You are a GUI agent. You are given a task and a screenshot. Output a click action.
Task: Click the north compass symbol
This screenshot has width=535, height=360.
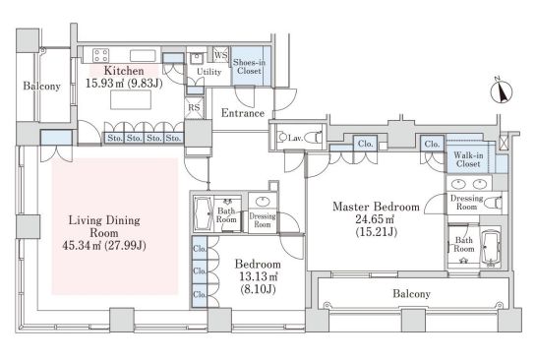coord(502,91)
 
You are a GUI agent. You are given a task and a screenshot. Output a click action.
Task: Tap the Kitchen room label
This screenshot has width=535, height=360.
coord(124,71)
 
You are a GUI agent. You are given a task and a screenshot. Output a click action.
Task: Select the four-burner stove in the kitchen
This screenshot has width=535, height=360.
coord(101,56)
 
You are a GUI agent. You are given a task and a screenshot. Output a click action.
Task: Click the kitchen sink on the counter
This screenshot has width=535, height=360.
coord(143,56)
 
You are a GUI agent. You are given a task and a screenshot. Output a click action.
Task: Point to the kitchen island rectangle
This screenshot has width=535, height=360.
coord(131,99)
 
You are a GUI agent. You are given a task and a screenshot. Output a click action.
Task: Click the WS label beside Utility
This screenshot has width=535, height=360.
coord(220,55)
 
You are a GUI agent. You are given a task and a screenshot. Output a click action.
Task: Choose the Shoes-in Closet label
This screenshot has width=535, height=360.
coord(249,67)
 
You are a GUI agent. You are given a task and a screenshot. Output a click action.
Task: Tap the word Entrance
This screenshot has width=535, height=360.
coord(243,113)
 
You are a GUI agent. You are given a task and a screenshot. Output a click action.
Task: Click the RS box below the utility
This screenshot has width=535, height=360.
coord(194,108)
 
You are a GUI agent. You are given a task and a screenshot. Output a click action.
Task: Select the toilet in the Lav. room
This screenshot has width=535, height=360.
coord(313,137)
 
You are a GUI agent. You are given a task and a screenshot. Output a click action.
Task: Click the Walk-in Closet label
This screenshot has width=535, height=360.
coord(468,159)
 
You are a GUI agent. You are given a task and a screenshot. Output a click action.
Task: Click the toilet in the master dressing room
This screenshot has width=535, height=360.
coord(493,203)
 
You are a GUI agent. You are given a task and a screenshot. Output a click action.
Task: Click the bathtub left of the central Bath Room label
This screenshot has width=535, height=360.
coord(204,212)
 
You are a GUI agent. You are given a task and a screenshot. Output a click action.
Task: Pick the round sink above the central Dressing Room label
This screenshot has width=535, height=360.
coord(263,202)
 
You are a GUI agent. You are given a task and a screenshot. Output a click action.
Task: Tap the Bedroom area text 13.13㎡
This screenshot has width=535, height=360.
coord(258,276)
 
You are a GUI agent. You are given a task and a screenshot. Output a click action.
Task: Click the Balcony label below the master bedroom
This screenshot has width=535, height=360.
coord(411,293)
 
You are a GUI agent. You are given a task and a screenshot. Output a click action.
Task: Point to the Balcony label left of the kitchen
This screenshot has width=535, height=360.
coord(41,86)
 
